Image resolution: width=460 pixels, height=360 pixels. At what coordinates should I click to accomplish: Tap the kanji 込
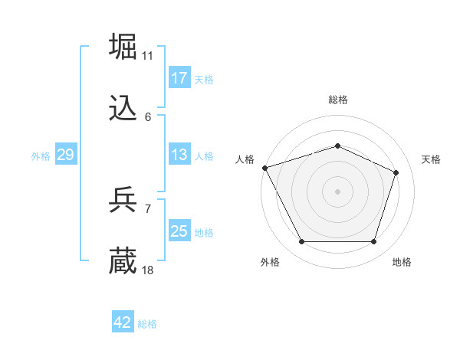point(123,110)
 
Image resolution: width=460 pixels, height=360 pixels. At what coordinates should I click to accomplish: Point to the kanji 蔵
point(123,261)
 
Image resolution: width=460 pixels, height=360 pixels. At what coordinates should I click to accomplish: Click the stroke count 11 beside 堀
point(148,55)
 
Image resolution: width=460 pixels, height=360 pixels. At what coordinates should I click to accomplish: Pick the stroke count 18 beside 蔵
point(148,270)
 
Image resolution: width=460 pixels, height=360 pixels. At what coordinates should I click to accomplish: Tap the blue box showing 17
point(179,78)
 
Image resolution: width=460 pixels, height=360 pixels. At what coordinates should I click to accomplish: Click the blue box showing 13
point(179,155)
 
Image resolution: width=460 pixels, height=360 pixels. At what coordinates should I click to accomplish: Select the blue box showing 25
point(179,231)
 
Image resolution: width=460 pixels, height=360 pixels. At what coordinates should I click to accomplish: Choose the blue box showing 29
point(65,155)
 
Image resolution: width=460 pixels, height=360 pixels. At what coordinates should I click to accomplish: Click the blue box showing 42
point(123,322)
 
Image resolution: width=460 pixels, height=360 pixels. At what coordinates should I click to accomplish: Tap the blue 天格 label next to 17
point(204,79)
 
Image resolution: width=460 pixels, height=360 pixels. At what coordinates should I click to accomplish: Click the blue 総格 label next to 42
point(147,323)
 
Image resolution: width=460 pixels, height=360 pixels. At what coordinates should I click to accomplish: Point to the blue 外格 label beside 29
point(41,155)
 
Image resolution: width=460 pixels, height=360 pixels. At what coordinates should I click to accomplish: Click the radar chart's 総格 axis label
point(337,100)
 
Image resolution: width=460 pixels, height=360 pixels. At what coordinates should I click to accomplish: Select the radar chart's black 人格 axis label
point(245,159)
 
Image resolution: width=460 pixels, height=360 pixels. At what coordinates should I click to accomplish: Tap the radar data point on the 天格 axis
point(396,172)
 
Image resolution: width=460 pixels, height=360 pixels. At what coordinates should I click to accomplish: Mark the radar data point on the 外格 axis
point(301,242)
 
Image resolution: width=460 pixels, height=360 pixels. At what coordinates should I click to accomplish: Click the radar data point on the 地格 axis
point(374,242)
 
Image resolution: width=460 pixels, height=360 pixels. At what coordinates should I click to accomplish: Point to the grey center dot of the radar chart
point(337,191)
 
